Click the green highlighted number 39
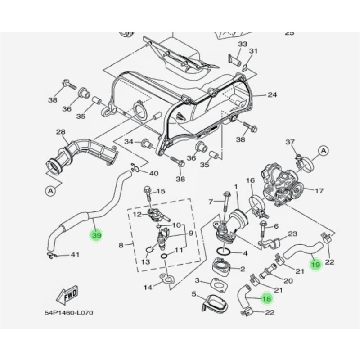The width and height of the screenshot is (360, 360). (96, 235)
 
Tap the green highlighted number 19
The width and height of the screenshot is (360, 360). (316, 265)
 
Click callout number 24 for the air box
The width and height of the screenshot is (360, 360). (272, 95)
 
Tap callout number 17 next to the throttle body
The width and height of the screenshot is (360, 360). (319, 191)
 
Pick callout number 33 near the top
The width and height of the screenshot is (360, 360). (243, 44)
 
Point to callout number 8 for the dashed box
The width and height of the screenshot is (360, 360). (121, 245)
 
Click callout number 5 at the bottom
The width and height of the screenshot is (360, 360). (194, 294)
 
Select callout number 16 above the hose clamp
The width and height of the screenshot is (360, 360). (250, 180)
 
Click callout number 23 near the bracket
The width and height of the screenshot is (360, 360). (293, 234)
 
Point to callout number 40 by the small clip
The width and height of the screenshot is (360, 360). (153, 173)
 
